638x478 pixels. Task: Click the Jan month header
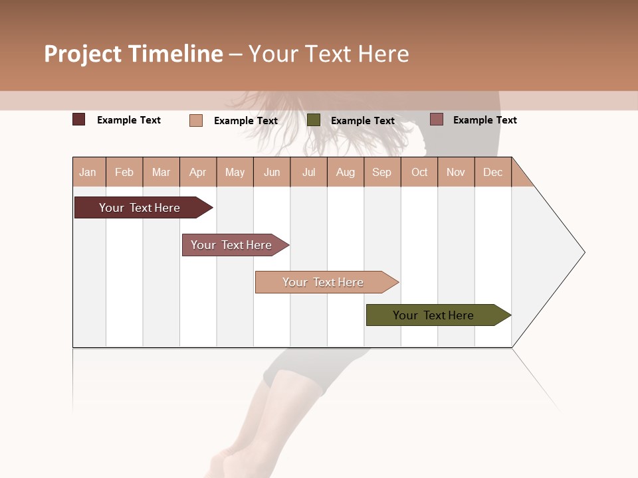pos(88,172)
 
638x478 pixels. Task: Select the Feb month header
pos(124,172)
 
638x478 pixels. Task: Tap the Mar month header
pos(161,172)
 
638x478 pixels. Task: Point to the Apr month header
pos(198,172)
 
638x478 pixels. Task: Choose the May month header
pos(235,172)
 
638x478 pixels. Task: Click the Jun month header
pos(272,172)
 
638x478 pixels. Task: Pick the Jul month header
pos(308,172)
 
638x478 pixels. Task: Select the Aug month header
pos(346,172)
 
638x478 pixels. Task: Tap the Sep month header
pos(382,172)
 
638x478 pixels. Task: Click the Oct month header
pos(419,172)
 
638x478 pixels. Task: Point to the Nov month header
pos(456,172)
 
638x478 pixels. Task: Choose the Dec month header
pos(492,172)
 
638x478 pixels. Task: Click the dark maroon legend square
pos(79,119)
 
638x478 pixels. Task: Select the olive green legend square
pos(314,120)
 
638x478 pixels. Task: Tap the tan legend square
pos(196,120)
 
